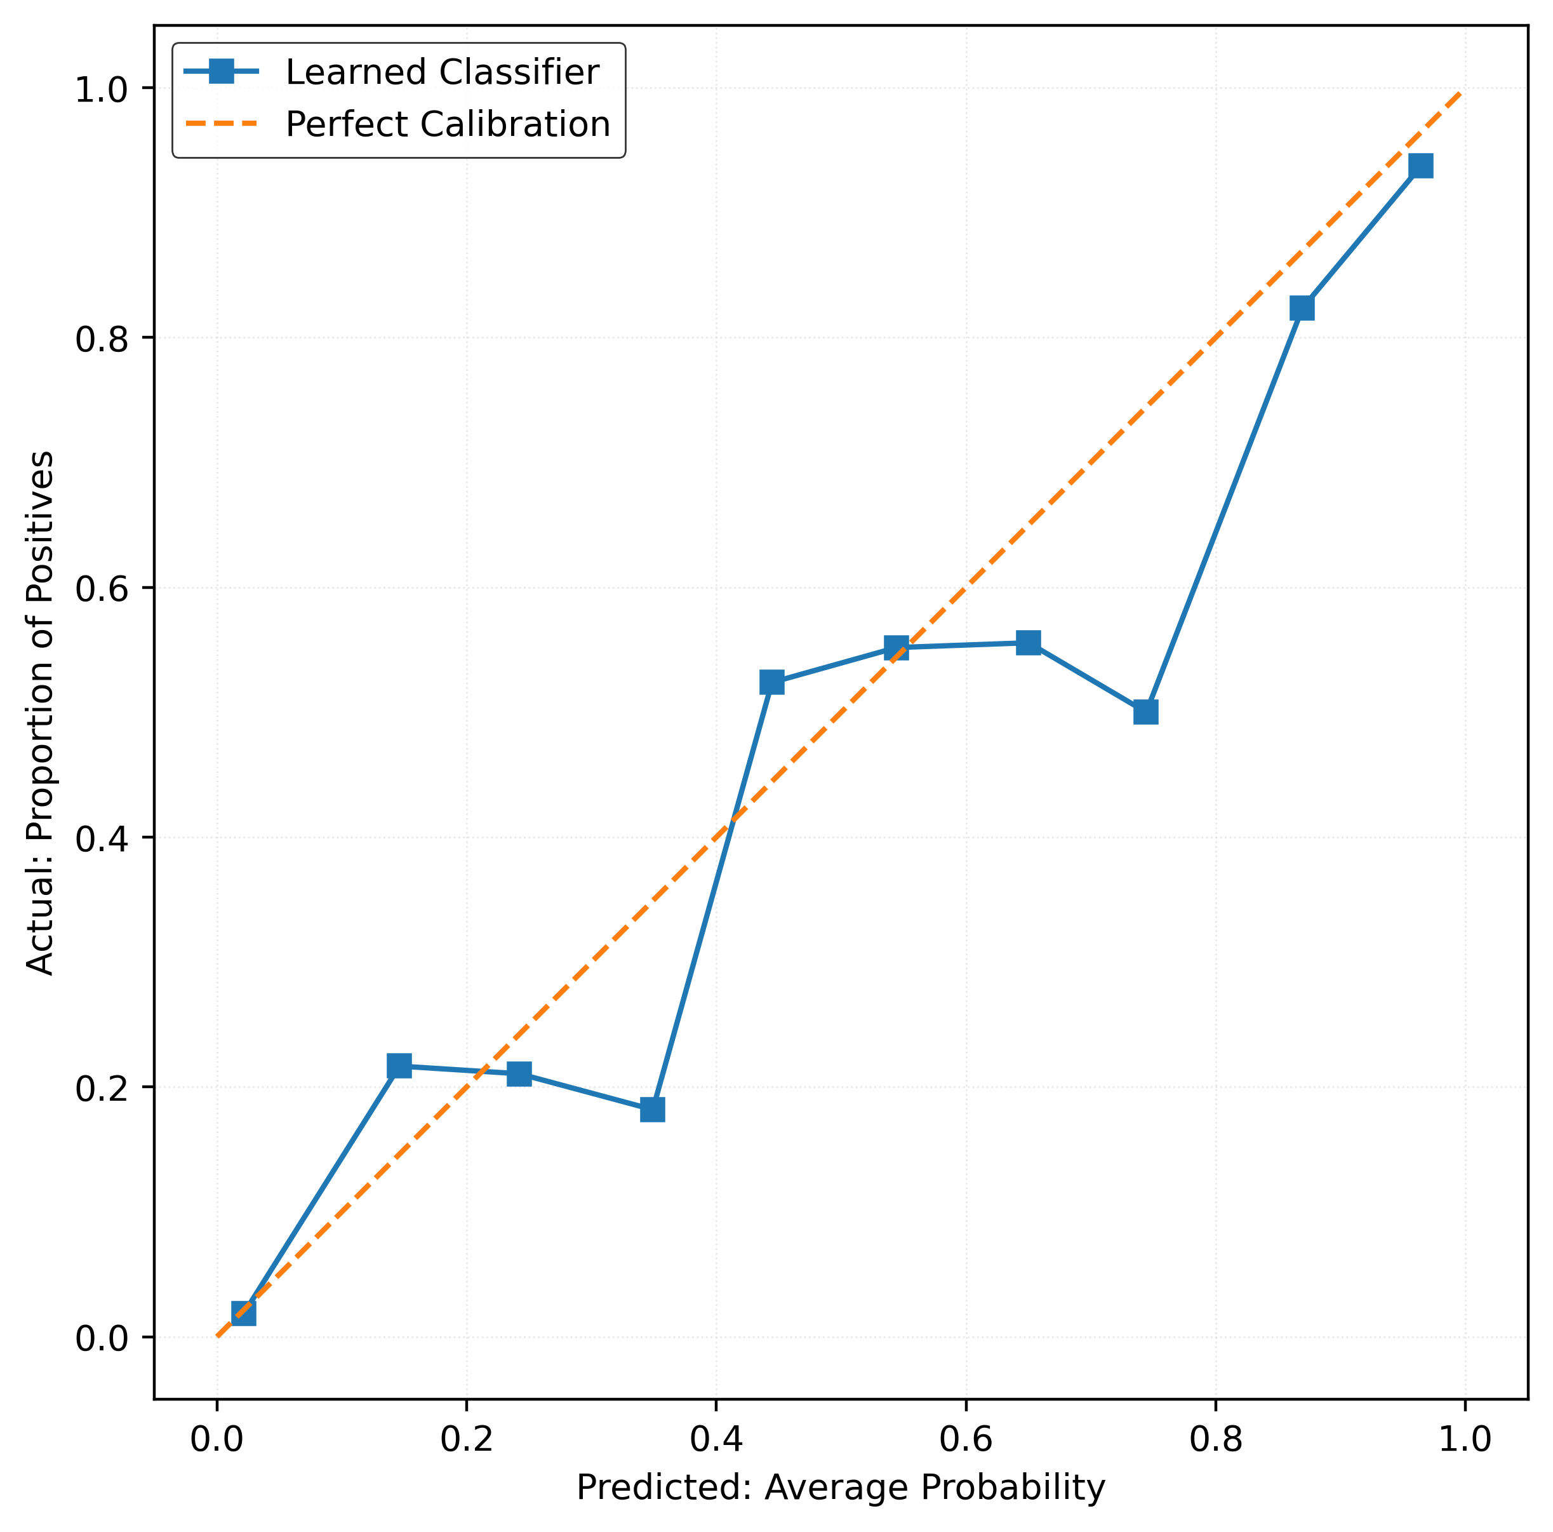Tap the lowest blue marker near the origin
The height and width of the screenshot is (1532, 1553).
[244, 1314]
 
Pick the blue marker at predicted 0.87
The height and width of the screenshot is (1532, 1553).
[1302, 308]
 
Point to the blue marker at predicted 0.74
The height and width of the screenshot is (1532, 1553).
[1145, 712]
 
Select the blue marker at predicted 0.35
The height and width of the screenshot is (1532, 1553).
[653, 1110]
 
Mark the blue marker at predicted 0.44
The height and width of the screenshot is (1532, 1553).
[771, 682]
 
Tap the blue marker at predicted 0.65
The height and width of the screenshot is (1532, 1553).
[1028, 642]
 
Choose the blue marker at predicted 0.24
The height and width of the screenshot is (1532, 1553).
[519, 1073]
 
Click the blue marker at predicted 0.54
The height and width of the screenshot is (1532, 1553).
[896, 647]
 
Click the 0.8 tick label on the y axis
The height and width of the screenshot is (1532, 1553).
[102, 339]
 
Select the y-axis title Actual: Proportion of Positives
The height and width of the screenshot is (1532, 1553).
[40, 713]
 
